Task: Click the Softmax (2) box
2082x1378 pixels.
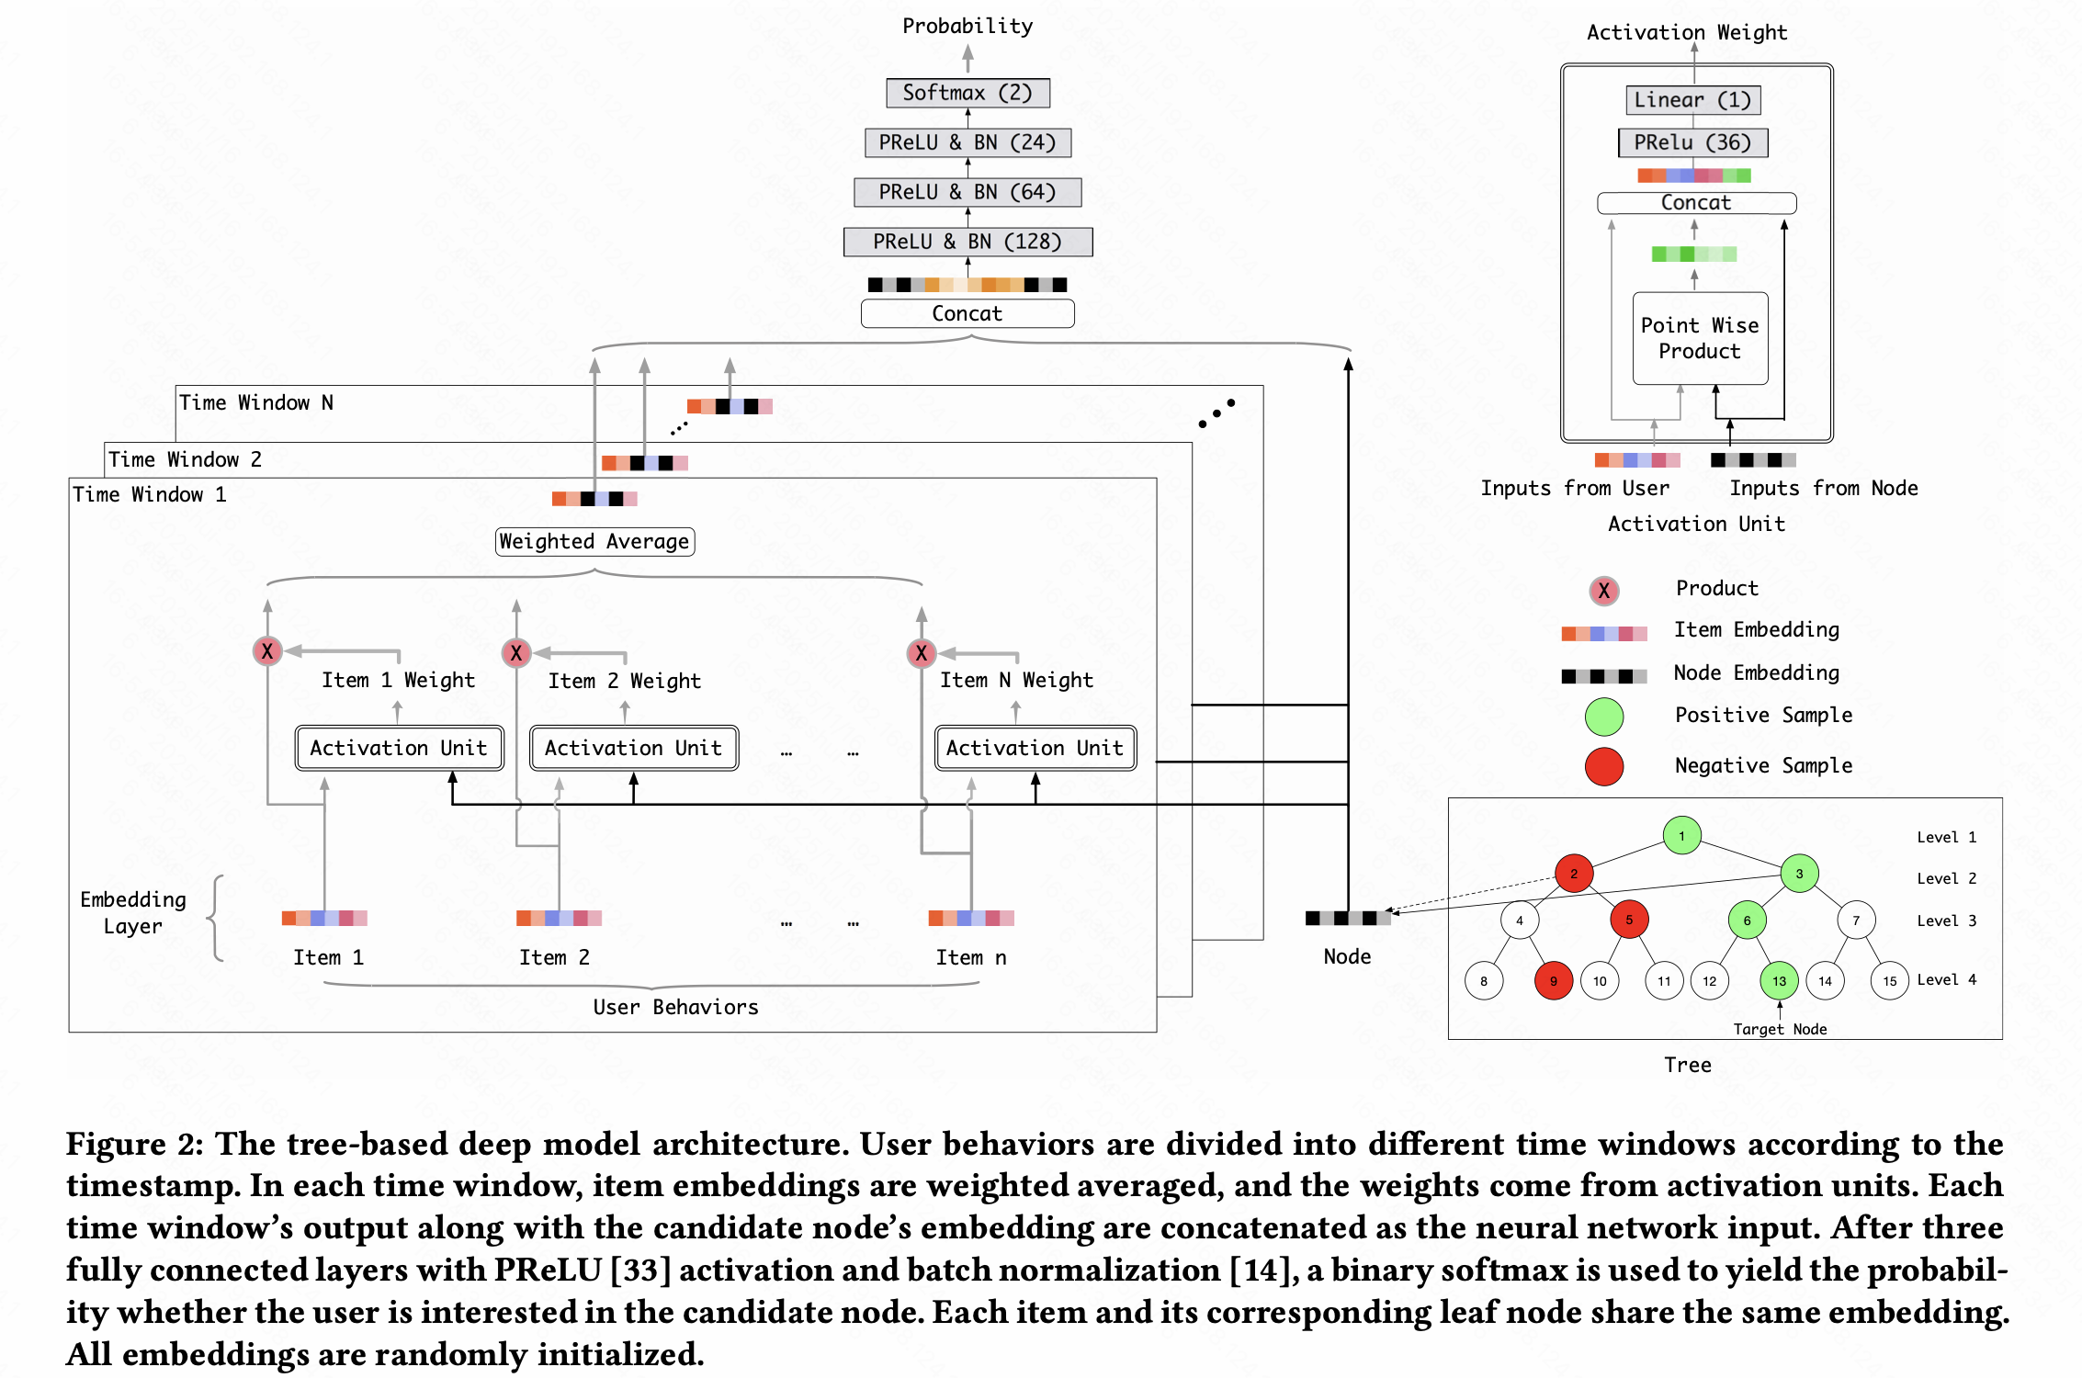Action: pos(967,93)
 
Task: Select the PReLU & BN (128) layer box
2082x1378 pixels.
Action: pos(967,242)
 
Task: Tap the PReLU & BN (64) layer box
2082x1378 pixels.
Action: pos(967,192)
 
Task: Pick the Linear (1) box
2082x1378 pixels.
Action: pos(1692,100)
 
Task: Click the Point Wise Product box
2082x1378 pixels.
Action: pos(1700,338)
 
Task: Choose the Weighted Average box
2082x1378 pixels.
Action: pos(594,541)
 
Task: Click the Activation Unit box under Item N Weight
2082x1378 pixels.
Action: pos(1035,748)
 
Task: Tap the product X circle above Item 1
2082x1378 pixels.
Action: pos(267,651)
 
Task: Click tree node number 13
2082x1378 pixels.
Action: pos(1779,980)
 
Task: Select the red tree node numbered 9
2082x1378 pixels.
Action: pos(1553,980)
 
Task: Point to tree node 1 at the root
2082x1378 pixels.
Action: pos(1681,836)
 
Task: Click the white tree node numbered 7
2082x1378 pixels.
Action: pos(1856,920)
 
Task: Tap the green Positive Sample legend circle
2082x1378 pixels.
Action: pos(1604,717)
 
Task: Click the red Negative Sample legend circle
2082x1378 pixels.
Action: pos(1604,766)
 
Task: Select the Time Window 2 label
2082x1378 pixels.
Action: pos(185,459)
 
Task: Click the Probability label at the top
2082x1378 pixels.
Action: pos(967,26)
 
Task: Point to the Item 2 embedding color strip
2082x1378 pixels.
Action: pos(559,918)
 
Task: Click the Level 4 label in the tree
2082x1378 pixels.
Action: pos(1946,979)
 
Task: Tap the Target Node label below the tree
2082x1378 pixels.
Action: pos(1780,1029)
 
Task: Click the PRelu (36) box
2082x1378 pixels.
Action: pos(1692,142)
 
